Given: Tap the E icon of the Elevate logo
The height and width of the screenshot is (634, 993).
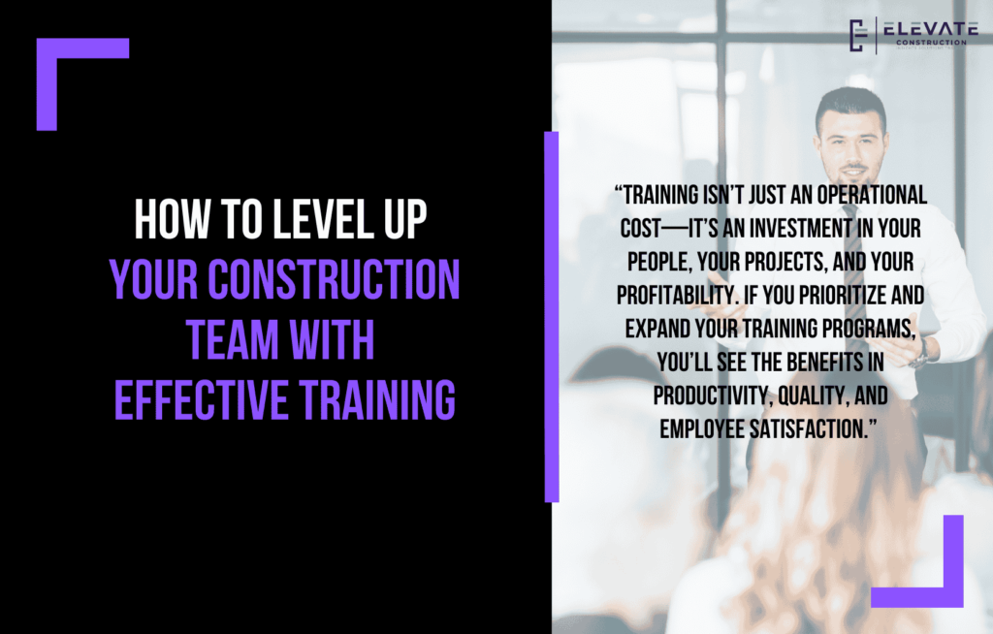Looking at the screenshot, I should pos(856,35).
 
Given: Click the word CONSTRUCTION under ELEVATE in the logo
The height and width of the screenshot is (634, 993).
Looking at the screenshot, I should pos(925,43).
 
